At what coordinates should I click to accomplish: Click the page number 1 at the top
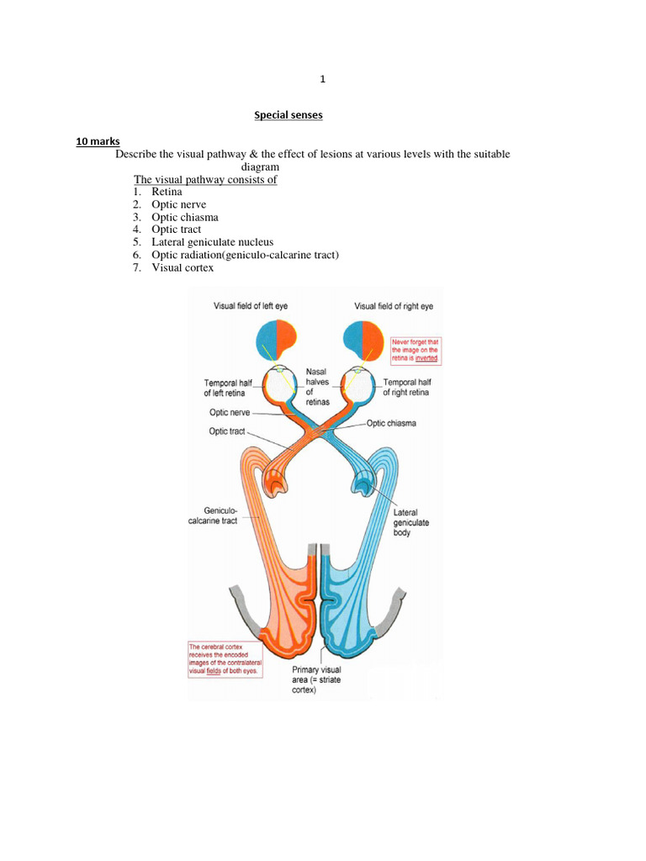(x=322, y=80)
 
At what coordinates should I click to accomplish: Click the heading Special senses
(x=289, y=115)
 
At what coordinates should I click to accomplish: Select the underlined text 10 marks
(x=98, y=141)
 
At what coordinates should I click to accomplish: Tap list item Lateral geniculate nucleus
(x=212, y=242)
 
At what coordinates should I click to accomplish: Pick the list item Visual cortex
(x=183, y=267)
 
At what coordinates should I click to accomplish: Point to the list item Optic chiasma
(x=184, y=217)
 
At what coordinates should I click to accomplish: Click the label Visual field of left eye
(x=251, y=306)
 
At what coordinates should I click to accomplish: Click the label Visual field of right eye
(x=393, y=306)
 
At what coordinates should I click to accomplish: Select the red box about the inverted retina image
(x=416, y=350)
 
